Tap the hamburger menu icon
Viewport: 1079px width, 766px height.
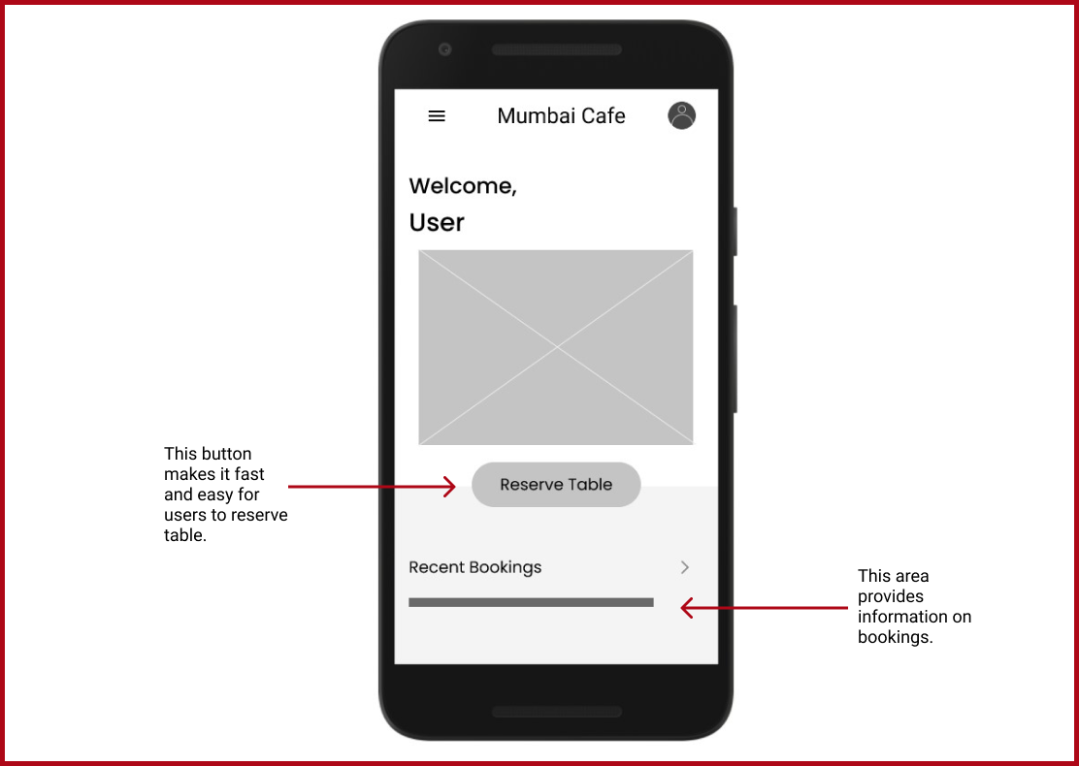point(437,116)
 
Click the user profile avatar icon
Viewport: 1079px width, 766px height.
point(681,115)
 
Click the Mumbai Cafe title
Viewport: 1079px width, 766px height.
point(561,116)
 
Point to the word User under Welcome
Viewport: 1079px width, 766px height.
point(437,223)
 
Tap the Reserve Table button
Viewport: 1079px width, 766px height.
point(556,485)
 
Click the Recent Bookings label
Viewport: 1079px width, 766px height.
point(474,567)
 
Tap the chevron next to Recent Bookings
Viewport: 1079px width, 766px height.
point(685,567)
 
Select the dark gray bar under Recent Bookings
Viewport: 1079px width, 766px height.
point(531,602)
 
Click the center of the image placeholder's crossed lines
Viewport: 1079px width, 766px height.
point(556,347)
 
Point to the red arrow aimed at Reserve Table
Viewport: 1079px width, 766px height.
point(372,487)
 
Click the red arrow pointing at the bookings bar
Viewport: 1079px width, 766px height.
point(764,608)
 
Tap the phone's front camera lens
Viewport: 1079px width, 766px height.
point(445,49)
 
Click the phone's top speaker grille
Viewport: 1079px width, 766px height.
point(557,49)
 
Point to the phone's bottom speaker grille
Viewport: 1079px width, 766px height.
point(557,712)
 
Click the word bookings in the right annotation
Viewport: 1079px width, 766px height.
point(895,637)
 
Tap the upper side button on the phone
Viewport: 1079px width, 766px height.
point(735,231)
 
